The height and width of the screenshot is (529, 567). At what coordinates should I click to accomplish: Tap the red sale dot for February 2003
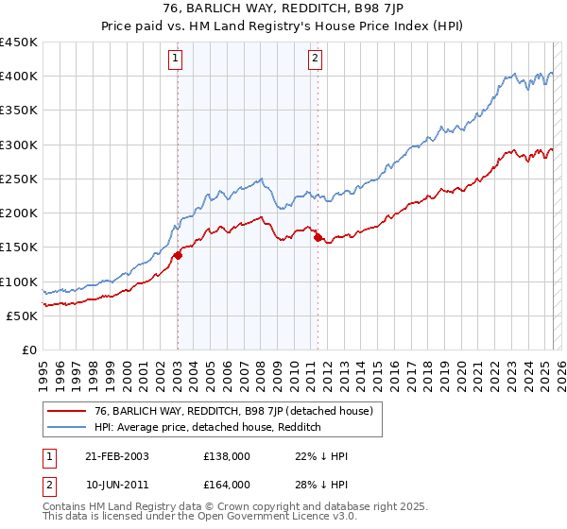pyautogui.click(x=178, y=255)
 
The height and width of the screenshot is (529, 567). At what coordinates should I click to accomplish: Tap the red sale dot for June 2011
pyautogui.click(x=318, y=238)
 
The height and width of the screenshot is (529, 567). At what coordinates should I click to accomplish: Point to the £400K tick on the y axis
pyautogui.click(x=19, y=77)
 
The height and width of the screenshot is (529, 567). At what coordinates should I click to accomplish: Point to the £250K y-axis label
pyautogui.click(x=19, y=179)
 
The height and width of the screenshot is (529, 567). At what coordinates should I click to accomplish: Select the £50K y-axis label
pyautogui.click(x=23, y=316)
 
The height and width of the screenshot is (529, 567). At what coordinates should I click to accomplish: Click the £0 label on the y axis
pyautogui.click(x=30, y=350)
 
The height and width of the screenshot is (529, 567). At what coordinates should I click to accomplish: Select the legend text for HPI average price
pyautogui.click(x=208, y=428)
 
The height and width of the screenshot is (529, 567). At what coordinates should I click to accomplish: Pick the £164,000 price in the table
pyautogui.click(x=227, y=485)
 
